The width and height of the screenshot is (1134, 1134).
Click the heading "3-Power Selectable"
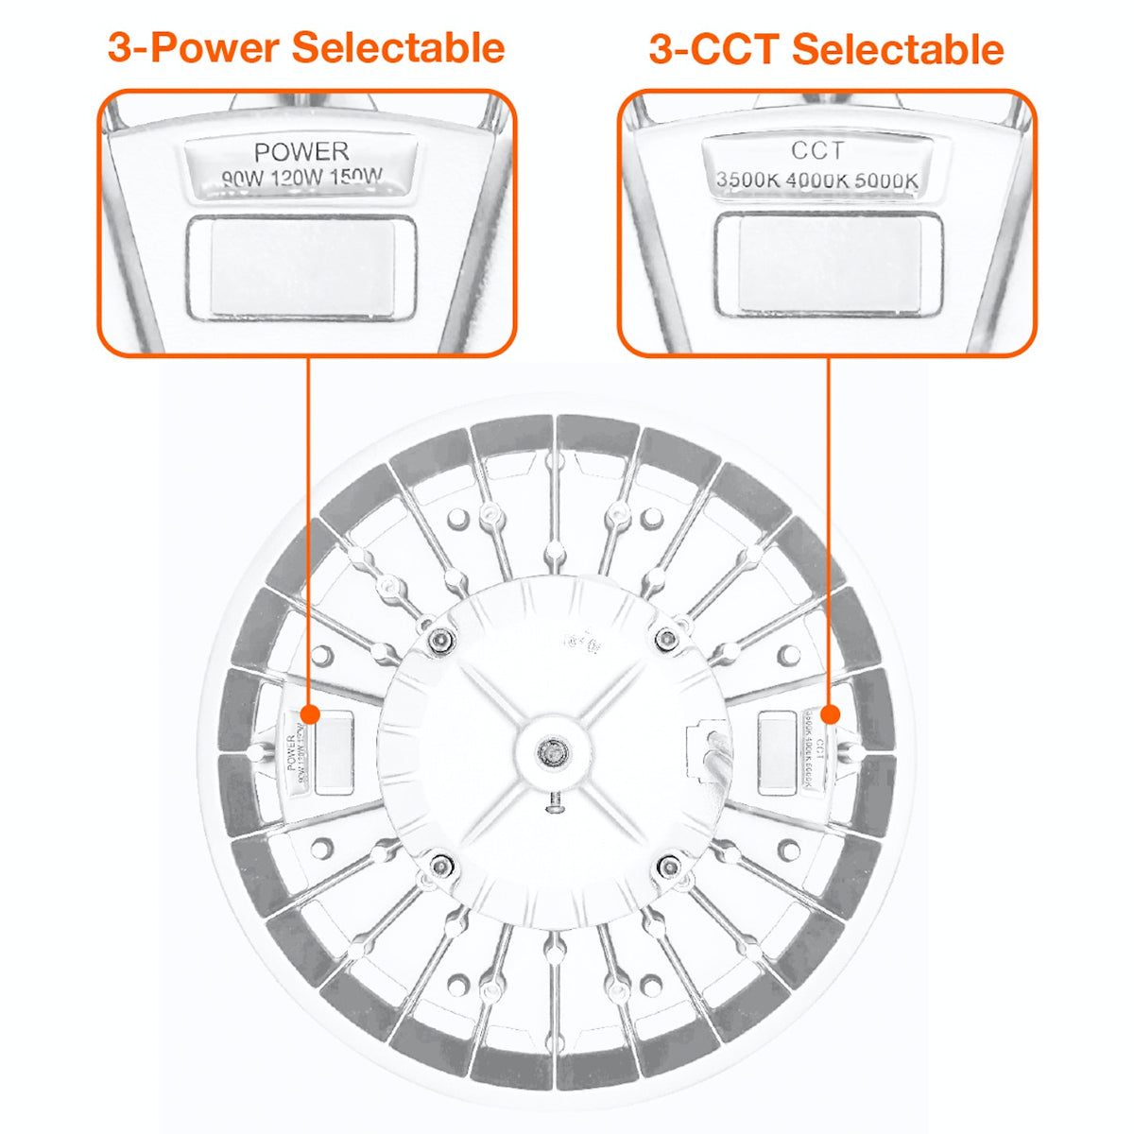click(306, 47)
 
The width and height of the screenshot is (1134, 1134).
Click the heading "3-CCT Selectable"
click(826, 49)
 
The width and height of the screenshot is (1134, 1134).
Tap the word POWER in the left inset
click(301, 151)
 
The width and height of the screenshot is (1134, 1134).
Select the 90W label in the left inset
click(244, 178)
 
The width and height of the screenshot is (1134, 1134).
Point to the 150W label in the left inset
click(358, 177)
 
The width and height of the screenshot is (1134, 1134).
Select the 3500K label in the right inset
click(747, 180)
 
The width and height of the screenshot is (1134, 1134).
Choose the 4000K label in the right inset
click(816, 180)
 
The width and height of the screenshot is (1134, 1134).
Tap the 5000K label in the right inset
click(886, 180)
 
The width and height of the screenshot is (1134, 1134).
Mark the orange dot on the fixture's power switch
click(308, 712)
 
